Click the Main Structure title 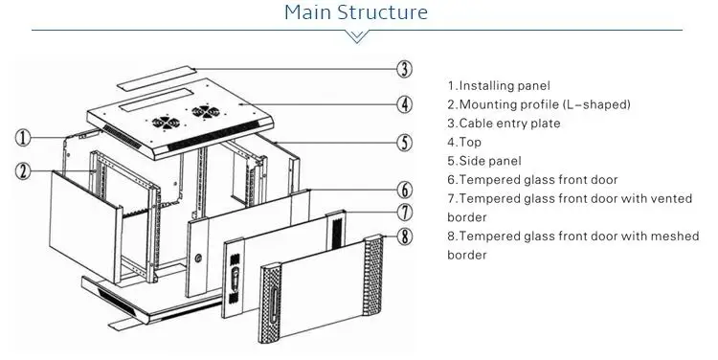pyautogui.click(x=356, y=11)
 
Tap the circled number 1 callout pyautogui.click(x=23, y=138)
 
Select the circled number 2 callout pyautogui.click(x=23, y=171)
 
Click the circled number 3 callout pyautogui.click(x=404, y=69)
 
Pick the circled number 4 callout pyautogui.click(x=404, y=104)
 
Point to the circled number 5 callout pyautogui.click(x=404, y=143)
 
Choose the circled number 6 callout pyautogui.click(x=404, y=191)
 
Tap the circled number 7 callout pyautogui.click(x=404, y=213)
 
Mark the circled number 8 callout pyautogui.click(x=404, y=236)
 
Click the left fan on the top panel pyautogui.click(x=166, y=123)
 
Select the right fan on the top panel pyautogui.click(x=205, y=111)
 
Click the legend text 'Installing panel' pyautogui.click(x=505, y=85)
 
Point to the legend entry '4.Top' pyautogui.click(x=464, y=142)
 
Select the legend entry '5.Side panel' pyautogui.click(x=484, y=161)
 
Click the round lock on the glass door pyautogui.click(x=198, y=259)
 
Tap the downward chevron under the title pyautogui.click(x=357, y=36)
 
